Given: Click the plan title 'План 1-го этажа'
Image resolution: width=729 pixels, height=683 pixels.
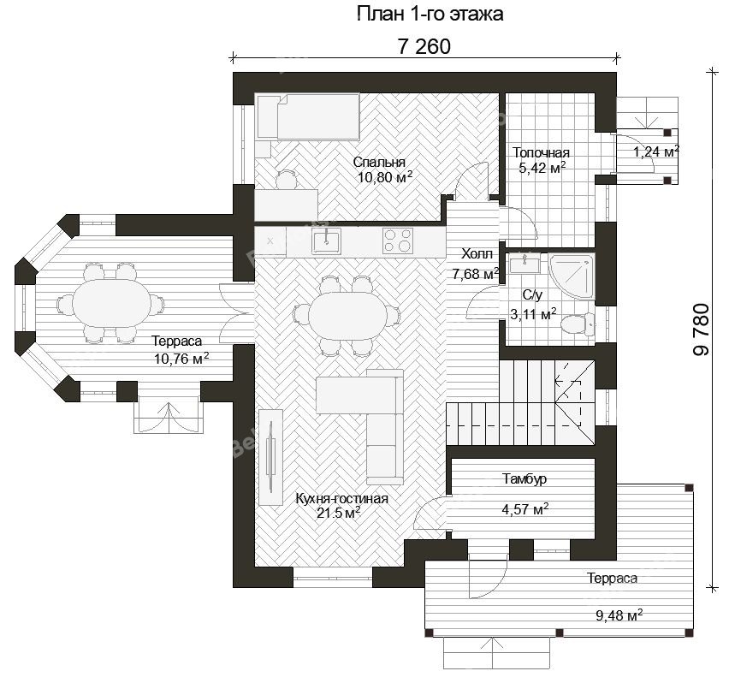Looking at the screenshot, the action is (x=430, y=14).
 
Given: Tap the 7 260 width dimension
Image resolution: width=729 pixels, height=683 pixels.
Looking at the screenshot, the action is (x=424, y=46).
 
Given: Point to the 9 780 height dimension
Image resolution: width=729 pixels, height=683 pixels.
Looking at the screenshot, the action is (x=702, y=330).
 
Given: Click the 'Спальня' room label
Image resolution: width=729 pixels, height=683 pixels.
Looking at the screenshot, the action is (x=379, y=162).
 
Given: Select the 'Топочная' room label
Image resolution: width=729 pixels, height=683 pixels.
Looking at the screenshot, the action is (x=541, y=152).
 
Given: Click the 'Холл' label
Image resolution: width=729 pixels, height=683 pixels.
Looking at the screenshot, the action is (x=477, y=254).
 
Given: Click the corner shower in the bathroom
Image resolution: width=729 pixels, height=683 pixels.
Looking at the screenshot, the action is (x=572, y=276).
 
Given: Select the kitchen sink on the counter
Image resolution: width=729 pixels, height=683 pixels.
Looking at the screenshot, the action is (x=326, y=241).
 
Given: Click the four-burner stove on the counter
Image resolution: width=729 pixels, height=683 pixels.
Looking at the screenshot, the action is (x=398, y=241).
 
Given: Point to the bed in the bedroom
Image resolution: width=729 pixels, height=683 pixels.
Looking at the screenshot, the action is (x=308, y=116).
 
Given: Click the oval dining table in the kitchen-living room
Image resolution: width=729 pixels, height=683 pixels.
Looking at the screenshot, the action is (x=347, y=315).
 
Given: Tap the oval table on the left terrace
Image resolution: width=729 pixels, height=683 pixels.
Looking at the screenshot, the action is (x=111, y=304).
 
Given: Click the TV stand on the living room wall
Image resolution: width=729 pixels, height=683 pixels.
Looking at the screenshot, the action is (x=270, y=457).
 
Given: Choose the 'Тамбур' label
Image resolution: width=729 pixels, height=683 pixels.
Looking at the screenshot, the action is (x=525, y=479).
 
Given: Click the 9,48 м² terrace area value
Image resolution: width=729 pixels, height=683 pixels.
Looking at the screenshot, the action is (x=619, y=615).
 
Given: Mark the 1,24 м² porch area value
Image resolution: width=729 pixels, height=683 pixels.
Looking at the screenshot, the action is (x=656, y=151).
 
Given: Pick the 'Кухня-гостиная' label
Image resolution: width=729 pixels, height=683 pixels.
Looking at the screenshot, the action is (x=341, y=499).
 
